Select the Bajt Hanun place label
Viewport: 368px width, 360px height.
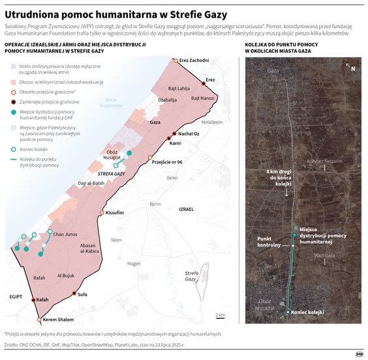point(203,98)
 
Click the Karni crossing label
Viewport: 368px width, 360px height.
point(174,142)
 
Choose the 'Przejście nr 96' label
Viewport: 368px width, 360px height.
point(172,161)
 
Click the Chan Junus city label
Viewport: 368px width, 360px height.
point(67,235)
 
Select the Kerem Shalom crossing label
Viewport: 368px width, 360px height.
point(58,319)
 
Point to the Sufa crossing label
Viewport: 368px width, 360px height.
point(82,295)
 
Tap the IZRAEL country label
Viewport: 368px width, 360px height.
point(186,208)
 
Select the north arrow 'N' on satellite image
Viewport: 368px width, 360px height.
point(352,68)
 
